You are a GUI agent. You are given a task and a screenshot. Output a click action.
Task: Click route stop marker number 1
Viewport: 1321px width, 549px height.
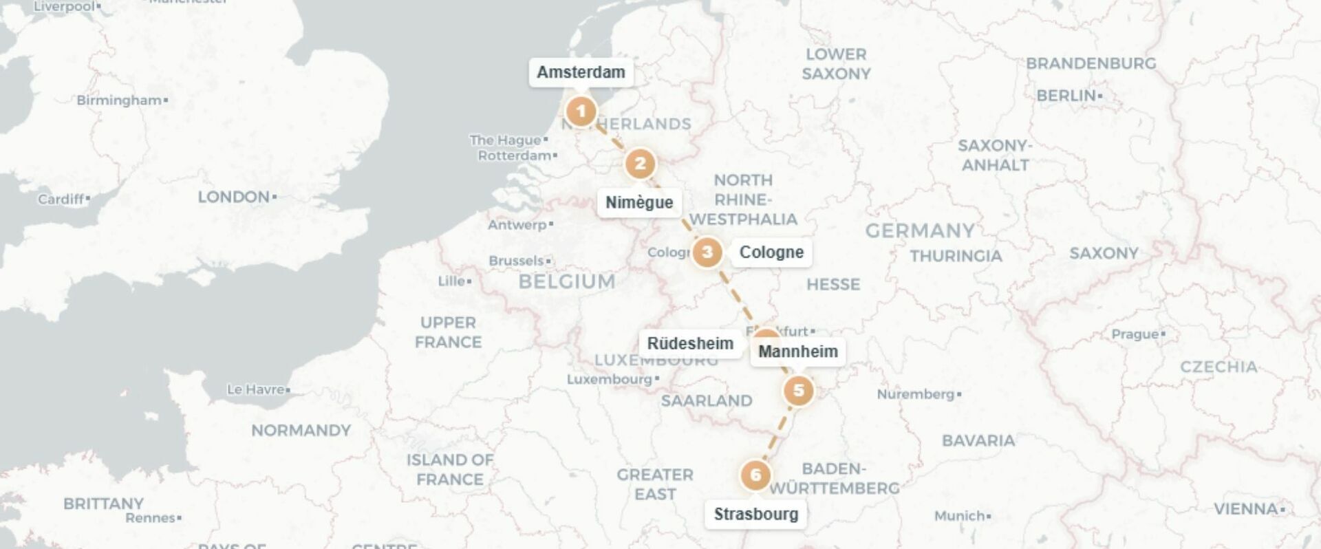(x=581, y=111)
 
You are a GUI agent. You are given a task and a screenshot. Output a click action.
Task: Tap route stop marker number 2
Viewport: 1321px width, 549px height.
(x=640, y=164)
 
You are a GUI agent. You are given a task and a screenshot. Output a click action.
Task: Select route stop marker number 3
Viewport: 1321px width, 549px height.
(x=707, y=252)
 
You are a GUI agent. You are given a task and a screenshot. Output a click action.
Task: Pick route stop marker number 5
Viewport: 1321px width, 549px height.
(x=798, y=391)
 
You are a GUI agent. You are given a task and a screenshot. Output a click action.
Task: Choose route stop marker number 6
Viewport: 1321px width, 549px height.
(x=755, y=475)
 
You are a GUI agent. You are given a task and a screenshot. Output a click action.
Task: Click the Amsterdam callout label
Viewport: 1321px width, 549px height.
(x=581, y=72)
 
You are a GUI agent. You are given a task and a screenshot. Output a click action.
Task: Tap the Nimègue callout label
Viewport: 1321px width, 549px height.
(x=639, y=202)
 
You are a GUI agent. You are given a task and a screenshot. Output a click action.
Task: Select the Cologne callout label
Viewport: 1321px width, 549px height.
(x=771, y=252)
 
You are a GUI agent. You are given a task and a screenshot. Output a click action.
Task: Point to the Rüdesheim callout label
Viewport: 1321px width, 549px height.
(x=690, y=343)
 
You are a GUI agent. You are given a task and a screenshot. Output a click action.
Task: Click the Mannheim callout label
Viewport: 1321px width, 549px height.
(x=798, y=352)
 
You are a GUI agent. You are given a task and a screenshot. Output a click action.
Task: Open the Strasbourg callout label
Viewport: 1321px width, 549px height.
(x=756, y=514)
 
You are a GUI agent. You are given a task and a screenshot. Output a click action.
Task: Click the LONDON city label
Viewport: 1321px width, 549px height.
(x=234, y=197)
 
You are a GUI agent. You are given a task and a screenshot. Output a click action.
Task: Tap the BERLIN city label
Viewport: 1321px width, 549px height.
(x=1066, y=96)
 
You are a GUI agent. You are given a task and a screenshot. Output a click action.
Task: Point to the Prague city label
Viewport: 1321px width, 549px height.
(x=1135, y=334)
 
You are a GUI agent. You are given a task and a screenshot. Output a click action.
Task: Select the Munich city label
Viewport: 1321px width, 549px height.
(x=960, y=516)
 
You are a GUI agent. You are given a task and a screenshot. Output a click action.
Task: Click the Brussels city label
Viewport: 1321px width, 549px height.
(x=517, y=261)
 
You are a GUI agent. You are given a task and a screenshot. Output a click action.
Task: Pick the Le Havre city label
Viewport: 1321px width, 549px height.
(x=256, y=389)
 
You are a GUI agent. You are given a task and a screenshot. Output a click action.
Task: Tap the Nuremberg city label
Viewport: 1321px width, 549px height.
(x=916, y=394)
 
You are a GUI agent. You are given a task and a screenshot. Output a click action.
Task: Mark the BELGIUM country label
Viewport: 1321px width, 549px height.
(x=567, y=281)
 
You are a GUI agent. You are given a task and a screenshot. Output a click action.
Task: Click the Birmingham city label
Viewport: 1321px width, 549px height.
(x=119, y=100)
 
